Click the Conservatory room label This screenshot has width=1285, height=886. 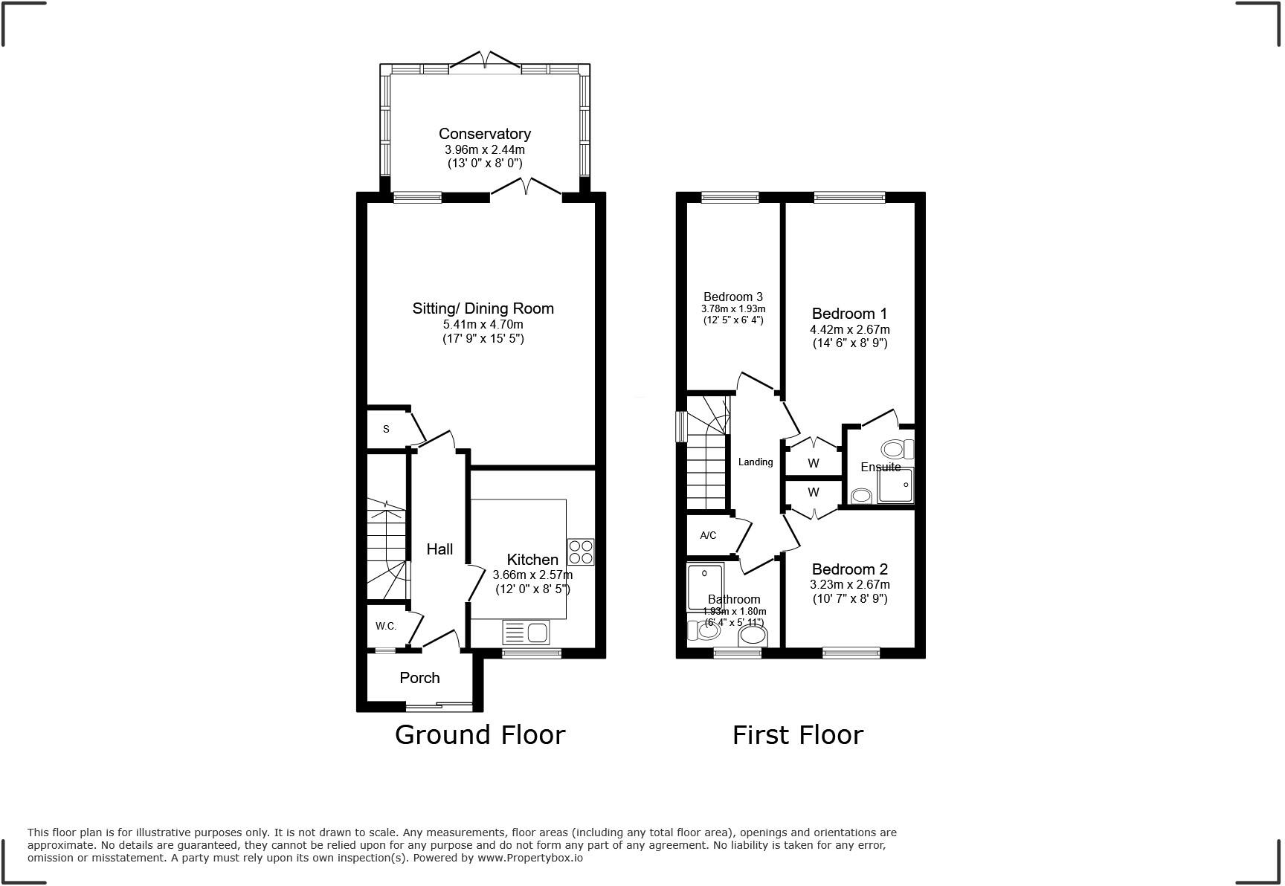[484, 134]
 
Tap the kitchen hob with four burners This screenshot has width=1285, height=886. [581, 552]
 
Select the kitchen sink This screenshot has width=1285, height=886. [526, 633]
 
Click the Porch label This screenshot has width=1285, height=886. [419, 678]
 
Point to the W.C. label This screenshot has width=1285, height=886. [385, 626]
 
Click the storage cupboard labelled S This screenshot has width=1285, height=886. [387, 429]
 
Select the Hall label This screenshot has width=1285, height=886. [439, 549]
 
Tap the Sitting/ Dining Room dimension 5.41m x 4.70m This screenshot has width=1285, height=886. [483, 324]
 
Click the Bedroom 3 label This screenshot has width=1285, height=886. [732, 297]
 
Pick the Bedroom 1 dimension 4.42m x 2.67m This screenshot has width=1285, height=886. [849, 329]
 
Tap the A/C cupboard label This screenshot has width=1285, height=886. [708, 535]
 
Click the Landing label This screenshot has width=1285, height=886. [755, 462]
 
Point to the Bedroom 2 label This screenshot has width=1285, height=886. [849, 569]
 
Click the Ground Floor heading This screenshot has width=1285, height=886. [480, 734]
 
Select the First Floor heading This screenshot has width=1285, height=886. [797, 734]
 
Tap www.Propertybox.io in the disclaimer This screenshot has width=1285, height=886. [529, 858]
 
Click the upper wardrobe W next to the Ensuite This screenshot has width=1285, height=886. [813, 463]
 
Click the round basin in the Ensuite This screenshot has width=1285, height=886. [861, 496]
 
